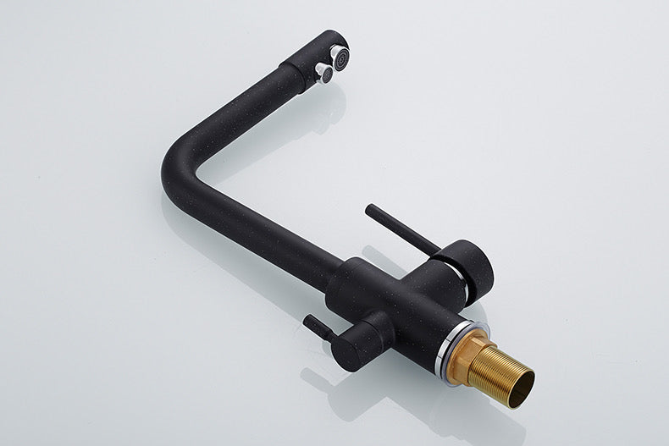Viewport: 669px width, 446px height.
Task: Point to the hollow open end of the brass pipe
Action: coord(518,377)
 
